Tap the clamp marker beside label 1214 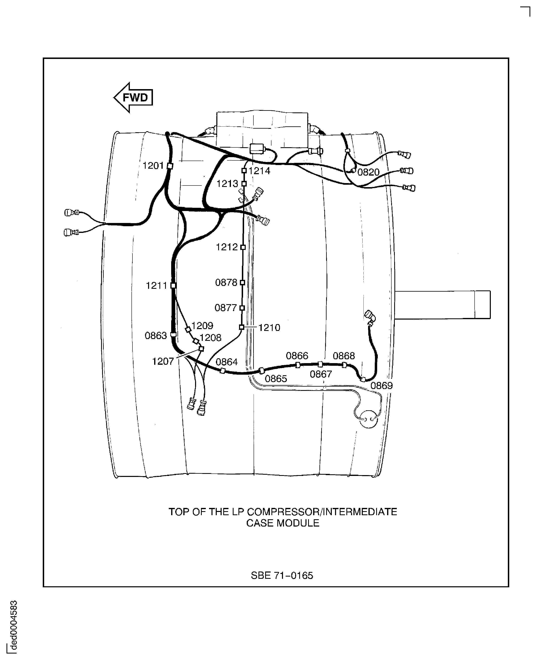pos(244,170)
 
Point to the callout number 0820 pos(368,172)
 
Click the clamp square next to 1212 pos(243,247)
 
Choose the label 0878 pos(226,282)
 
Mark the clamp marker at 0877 pos(242,308)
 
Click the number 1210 pos(269,327)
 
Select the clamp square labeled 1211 pos(173,286)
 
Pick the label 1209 pos(202,326)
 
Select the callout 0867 pos(321,374)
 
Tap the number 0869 pos(382,386)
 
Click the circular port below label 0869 pos(369,419)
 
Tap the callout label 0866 pos(297,356)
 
